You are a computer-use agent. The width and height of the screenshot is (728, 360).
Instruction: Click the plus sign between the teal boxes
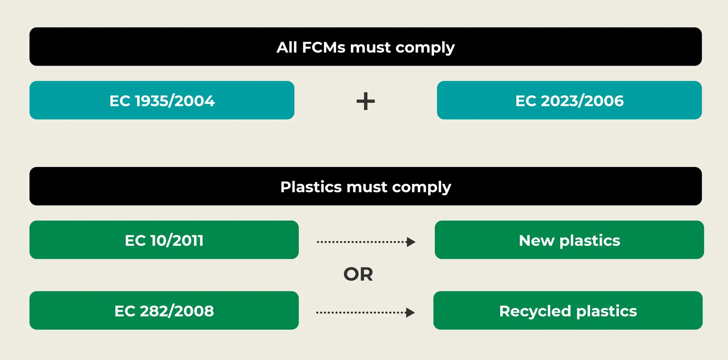(x=366, y=101)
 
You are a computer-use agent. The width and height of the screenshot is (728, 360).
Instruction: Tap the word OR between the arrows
(x=358, y=274)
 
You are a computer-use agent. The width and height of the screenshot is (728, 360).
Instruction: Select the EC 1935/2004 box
(x=162, y=100)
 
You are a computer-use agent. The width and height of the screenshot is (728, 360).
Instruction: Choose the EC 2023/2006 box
(x=569, y=100)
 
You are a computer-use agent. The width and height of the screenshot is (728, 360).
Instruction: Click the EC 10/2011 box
(x=164, y=240)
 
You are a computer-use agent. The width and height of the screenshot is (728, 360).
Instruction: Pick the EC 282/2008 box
(x=164, y=311)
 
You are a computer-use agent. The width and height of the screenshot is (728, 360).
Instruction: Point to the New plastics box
(x=569, y=240)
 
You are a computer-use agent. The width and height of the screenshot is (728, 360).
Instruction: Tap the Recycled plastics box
(x=568, y=311)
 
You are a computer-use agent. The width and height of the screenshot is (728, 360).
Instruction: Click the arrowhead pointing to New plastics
(x=411, y=242)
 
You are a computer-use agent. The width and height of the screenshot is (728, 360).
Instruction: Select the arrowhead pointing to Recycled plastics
(x=410, y=313)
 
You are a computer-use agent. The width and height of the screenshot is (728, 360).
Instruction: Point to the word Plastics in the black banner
(x=311, y=187)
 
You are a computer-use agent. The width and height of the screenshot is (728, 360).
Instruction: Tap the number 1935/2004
(x=175, y=101)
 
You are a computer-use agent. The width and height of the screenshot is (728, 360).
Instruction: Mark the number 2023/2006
(x=582, y=101)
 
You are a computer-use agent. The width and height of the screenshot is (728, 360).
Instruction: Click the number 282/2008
(x=177, y=311)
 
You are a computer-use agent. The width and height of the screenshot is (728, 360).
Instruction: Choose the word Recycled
(x=535, y=311)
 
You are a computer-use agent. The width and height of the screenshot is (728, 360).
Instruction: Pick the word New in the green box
(x=536, y=241)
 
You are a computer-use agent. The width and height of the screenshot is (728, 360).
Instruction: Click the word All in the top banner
(x=286, y=47)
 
